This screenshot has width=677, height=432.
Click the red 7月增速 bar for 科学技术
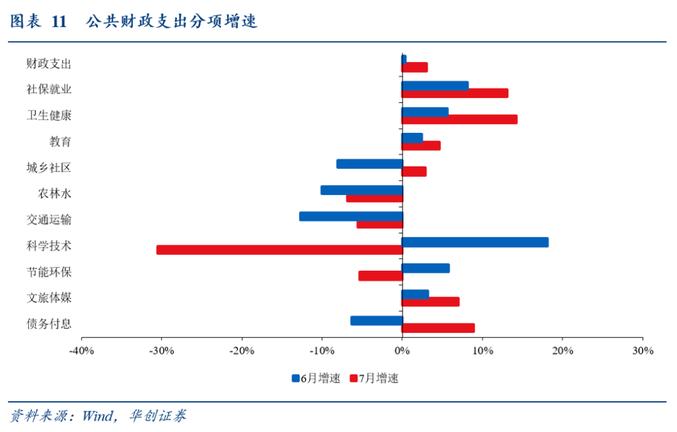click(x=280, y=250)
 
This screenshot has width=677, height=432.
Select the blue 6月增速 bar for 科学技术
click(x=475, y=243)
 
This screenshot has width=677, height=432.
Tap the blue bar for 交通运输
click(x=351, y=216)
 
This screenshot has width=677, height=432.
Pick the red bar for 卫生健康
click(x=459, y=120)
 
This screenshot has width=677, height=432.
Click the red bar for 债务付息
click(x=438, y=328)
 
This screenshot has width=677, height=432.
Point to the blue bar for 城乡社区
click(x=370, y=164)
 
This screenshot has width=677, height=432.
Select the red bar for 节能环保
click(x=380, y=276)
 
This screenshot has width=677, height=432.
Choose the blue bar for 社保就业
click(x=435, y=86)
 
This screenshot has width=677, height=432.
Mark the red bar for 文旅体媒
click(x=431, y=302)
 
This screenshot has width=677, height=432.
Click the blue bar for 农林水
click(x=362, y=190)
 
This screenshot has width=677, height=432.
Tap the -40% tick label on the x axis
click(x=81, y=350)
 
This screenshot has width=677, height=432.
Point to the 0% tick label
click(x=402, y=350)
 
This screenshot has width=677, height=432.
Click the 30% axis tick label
click(x=643, y=350)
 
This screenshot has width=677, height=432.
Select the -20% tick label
click(x=242, y=350)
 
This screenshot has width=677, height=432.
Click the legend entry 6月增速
click(x=316, y=379)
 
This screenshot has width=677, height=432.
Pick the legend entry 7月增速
click(x=374, y=379)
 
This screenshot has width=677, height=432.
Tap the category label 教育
click(x=60, y=142)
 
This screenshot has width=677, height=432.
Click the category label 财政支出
click(x=49, y=64)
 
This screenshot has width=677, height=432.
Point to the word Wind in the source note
click(x=98, y=416)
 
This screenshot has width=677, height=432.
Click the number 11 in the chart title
click(x=59, y=21)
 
